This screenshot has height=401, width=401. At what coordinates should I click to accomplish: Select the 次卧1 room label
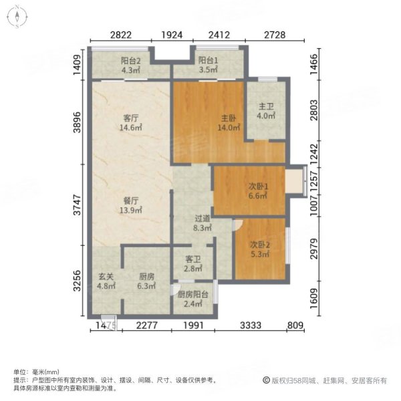point(258,186)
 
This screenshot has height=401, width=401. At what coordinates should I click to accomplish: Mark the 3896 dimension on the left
point(77,122)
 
